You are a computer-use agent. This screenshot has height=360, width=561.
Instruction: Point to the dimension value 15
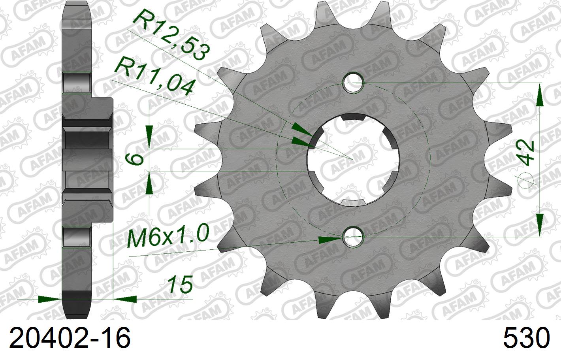(x=180, y=285)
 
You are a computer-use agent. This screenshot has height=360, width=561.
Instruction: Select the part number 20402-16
(x=70, y=338)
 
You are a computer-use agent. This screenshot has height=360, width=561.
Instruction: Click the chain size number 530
(x=526, y=338)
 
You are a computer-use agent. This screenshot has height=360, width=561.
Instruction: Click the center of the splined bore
(x=354, y=160)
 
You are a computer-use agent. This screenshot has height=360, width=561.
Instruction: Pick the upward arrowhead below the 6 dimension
(x=149, y=184)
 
